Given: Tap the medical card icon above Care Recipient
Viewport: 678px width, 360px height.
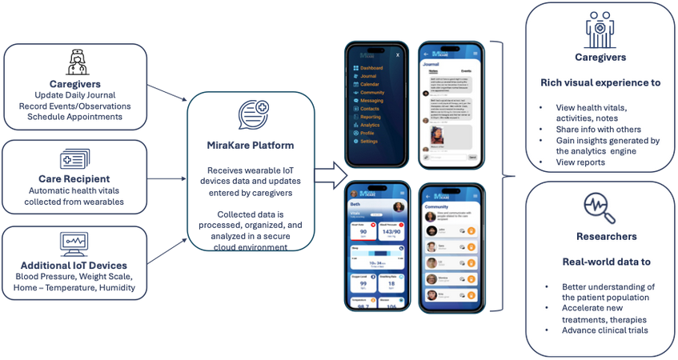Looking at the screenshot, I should click(x=74, y=159).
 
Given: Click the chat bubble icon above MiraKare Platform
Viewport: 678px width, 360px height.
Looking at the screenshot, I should click(x=254, y=115).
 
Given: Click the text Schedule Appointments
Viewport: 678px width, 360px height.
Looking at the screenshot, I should click(x=74, y=117).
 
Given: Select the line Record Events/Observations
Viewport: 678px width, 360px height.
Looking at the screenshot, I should click(x=74, y=106).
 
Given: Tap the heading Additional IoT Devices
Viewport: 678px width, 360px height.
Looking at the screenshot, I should click(x=74, y=266).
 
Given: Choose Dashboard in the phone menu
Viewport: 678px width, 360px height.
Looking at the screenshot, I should click(x=371, y=69).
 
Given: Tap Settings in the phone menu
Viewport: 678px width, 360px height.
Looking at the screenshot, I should click(x=369, y=141).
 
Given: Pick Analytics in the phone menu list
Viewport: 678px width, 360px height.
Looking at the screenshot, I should click(x=370, y=125).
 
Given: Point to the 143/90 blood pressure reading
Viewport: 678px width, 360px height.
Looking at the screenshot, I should click(x=391, y=231).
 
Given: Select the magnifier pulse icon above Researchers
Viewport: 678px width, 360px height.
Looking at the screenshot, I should click(x=600, y=207).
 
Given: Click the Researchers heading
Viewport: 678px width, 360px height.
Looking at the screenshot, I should click(x=600, y=237).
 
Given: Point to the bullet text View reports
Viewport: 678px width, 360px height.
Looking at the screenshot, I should click(x=580, y=162).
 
